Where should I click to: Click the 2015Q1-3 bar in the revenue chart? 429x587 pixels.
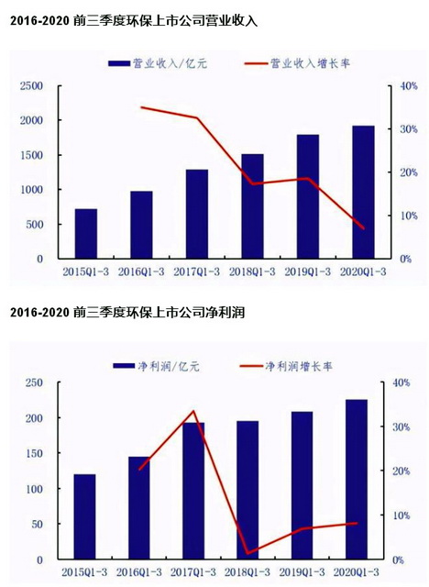click(85, 234)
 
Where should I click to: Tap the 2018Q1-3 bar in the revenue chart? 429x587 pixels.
click(252, 206)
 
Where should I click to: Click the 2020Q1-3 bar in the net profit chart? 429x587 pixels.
click(356, 480)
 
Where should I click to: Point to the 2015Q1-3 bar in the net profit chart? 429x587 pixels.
click(84, 517)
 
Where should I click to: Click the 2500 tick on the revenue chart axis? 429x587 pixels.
click(32, 86)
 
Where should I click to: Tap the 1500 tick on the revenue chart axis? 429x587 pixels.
click(32, 155)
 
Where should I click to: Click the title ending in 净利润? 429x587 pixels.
click(128, 314)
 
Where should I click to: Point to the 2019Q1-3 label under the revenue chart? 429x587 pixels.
click(307, 272)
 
